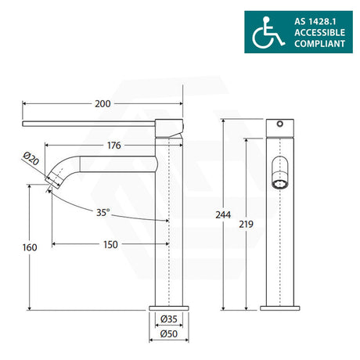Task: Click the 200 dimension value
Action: tap(103, 104)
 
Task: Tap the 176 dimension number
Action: tap(114, 146)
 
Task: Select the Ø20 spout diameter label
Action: tap(31, 159)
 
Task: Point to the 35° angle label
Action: tap(103, 213)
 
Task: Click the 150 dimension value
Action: tap(110, 245)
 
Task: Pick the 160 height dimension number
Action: tap(30, 247)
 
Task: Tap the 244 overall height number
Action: tap(223, 214)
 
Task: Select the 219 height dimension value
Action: tap(246, 224)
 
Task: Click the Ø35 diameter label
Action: tap(169, 319)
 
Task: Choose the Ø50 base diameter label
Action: tap(169, 333)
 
